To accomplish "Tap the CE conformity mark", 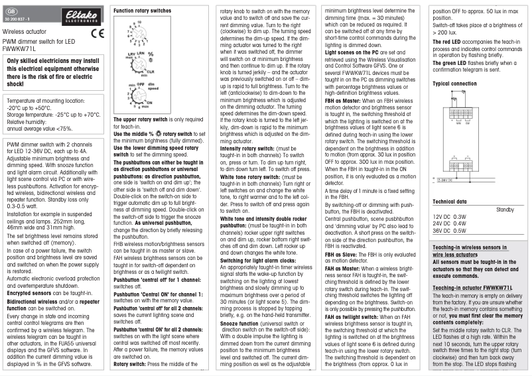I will point(96,32).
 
